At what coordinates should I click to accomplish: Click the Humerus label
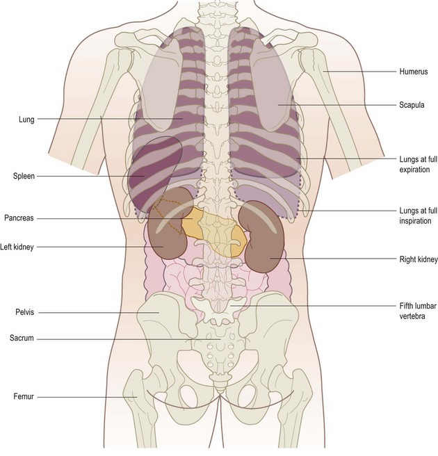[413, 72]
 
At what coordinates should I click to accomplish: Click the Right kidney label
[419, 259]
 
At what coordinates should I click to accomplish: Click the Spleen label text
[23, 176]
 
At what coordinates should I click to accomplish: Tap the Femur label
[23, 396]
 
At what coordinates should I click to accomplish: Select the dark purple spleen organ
[149, 174]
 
